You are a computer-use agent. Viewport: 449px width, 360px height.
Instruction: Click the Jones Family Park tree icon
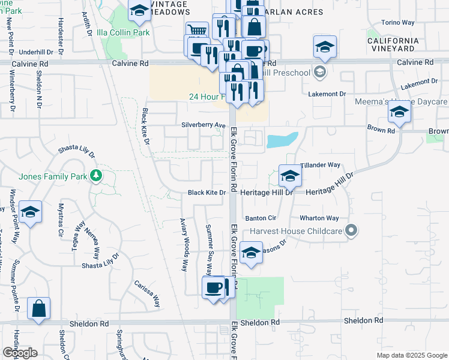(x=95, y=176)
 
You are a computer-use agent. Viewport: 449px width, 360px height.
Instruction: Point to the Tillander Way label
(x=320, y=164)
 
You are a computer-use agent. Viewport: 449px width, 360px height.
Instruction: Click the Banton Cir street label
(x=260, y=218)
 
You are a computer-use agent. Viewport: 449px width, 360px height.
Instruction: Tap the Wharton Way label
(x=320, y=218)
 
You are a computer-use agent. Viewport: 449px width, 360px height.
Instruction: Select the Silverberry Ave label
(x=203, y=125)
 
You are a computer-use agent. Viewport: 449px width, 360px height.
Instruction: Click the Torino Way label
(x=399, y=23)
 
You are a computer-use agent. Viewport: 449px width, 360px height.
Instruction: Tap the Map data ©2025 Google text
(x=413, y=355)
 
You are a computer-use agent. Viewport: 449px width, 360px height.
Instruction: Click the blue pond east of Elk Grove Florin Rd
(x=282, y=140)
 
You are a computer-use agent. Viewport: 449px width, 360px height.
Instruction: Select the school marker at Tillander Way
(x=289, y=175)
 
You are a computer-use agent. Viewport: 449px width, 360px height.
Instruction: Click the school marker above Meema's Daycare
(x=399, y=111)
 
